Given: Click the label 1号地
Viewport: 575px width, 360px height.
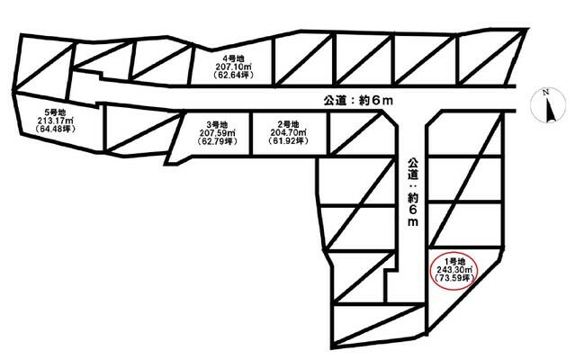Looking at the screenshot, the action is [454, 261].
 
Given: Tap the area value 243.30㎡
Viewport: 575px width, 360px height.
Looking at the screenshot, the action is [454, 269].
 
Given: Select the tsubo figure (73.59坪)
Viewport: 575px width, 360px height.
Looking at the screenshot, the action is [454, 278].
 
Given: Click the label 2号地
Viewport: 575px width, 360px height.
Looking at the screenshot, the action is [288, 124].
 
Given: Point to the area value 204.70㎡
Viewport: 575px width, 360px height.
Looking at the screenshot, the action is [288, 132].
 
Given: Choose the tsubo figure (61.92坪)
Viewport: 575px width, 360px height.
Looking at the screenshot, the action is [288, 140].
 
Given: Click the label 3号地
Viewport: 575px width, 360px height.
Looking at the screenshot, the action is [218, 124].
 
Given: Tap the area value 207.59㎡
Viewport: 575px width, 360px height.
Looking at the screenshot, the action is [218, 132].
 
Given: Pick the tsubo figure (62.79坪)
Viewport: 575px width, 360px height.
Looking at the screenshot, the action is [218, 141].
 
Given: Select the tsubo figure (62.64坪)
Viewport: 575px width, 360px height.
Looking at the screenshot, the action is [233, 76].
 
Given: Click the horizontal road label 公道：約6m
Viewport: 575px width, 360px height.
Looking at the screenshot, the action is [358, 101].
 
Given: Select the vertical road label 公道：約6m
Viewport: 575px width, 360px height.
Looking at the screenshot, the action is [412, 193].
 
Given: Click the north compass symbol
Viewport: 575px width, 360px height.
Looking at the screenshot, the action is [548, 105].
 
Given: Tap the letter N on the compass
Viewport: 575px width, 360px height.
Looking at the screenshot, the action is [545, 93].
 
